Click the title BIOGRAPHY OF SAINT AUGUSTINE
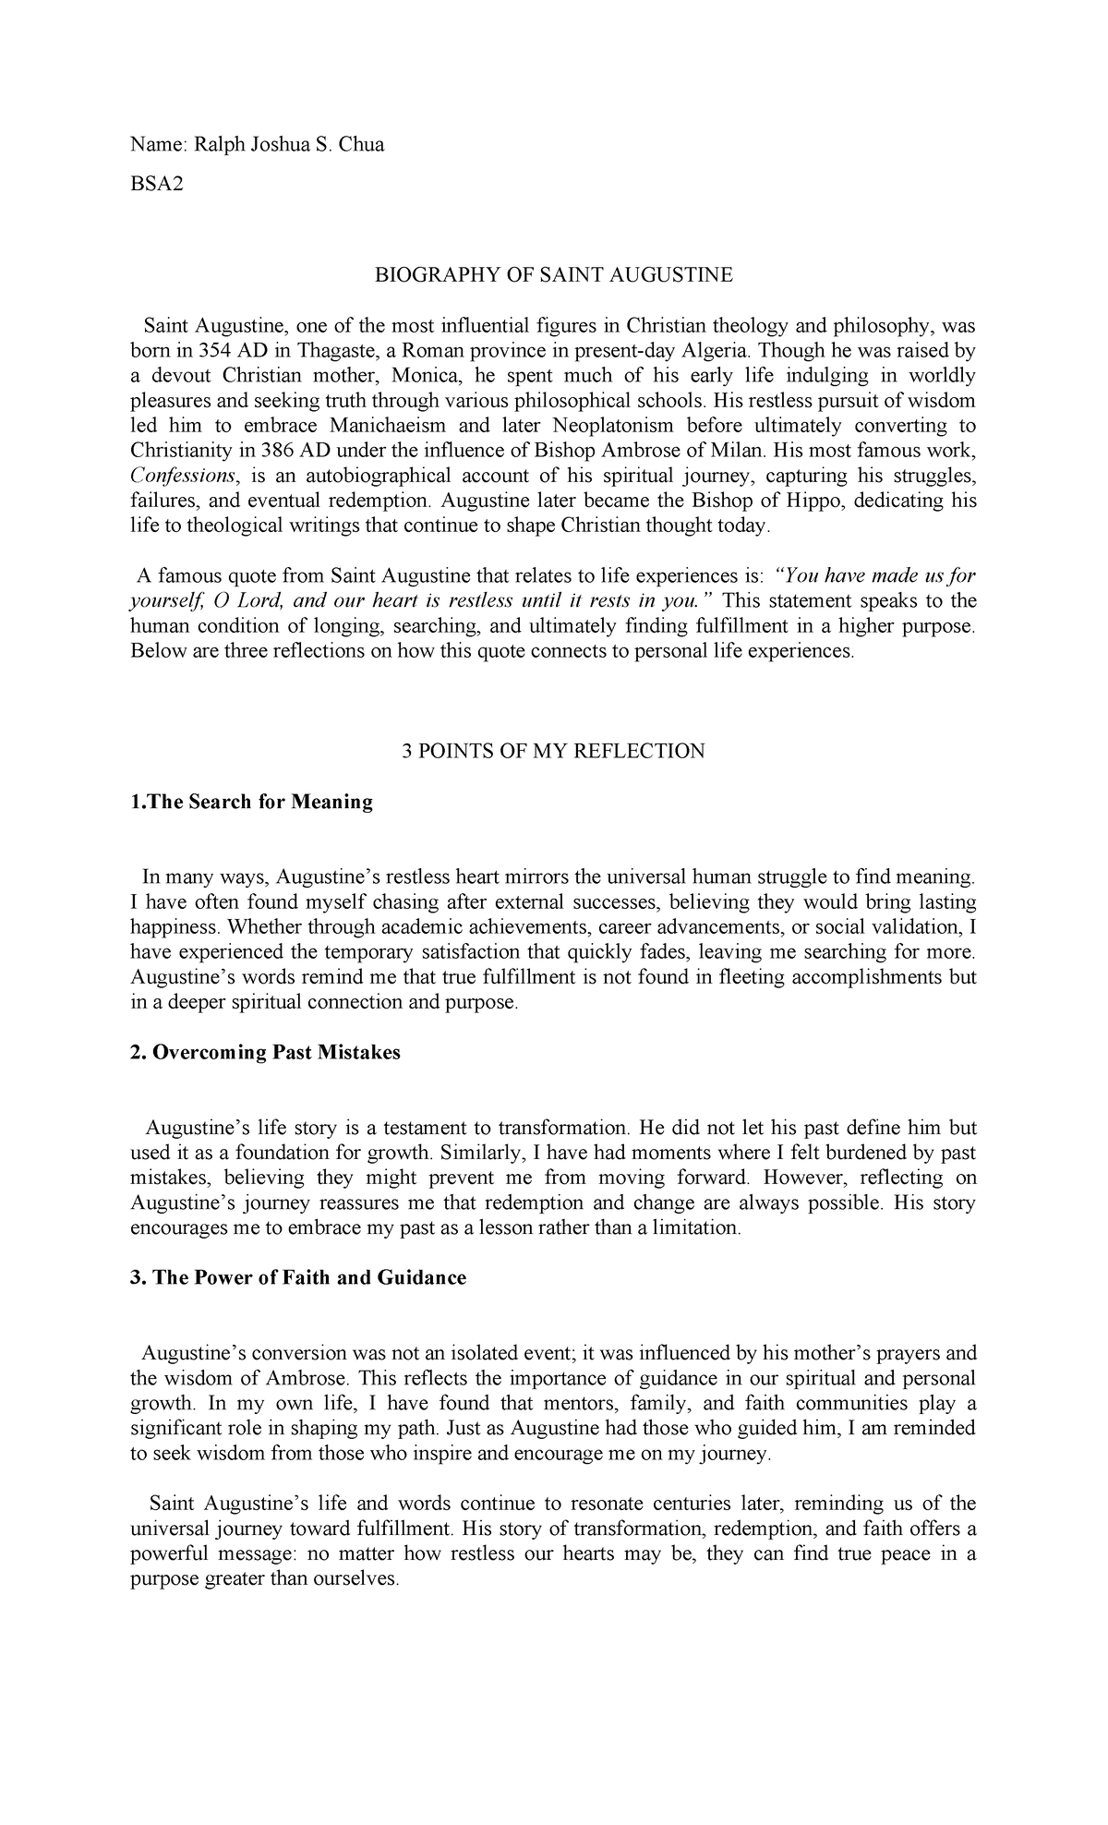tap(553, 274)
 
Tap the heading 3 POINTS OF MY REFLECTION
tap(553, 751)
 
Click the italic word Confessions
tap(184, 476)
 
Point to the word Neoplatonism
tap(605, 426)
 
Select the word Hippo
tap(861, 501)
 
